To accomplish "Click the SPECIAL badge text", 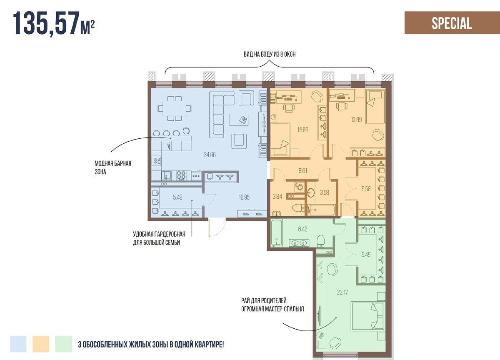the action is (x=452, y=23).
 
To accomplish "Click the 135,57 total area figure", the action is (x=46, y=23).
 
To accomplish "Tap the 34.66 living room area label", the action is (x=210, y=155).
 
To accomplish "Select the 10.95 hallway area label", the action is (x=244, y=197).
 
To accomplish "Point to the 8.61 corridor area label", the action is (x=302, y=171).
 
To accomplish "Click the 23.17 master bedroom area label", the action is (x=342, y=292).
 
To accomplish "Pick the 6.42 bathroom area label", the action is (x=302, y=229).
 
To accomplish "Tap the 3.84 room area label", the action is (x=277, y=196).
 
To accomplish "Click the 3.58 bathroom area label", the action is (x=324, y=192).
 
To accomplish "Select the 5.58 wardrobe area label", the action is (x=366, y=189).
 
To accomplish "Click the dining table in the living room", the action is (x=174, y=108).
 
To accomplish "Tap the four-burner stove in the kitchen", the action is (x=181, y=176).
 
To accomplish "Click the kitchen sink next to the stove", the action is (x=166, y=175).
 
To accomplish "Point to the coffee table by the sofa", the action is (x=239, y=120).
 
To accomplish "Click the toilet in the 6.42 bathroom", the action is (x=321, y=241).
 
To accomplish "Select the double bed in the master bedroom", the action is (x=368, y=316).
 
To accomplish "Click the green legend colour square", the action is (x=63, y=344).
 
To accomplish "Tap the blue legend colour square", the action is (x=18, y=344).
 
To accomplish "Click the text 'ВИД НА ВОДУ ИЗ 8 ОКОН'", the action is (x=270, y=54).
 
